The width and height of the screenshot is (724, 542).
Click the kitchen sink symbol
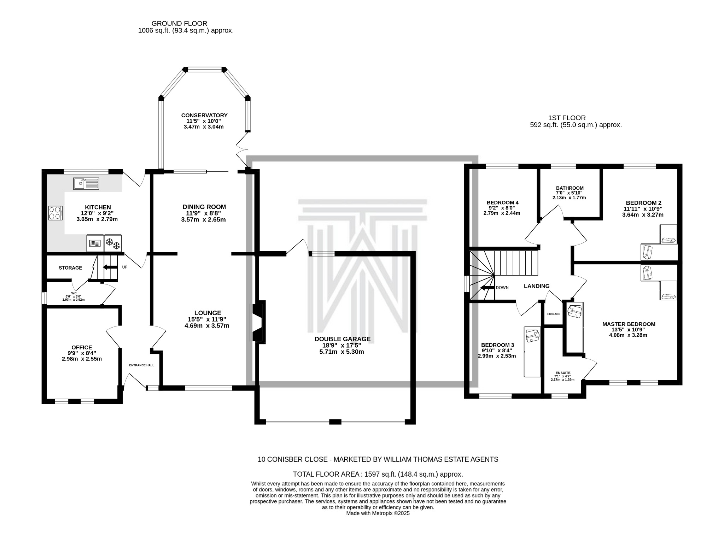coord(86,183)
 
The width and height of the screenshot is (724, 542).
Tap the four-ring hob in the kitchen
coord(56,213)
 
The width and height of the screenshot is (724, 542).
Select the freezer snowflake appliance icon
coord(113,243)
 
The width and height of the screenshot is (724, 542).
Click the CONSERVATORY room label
coord(204,115)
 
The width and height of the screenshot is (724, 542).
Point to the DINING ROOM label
coord(204,207)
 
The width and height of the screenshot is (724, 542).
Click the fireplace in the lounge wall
coord(258,322)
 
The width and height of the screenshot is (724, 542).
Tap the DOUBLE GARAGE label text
coord(342,339)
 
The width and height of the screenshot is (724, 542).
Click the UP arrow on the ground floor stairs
coord(110,267)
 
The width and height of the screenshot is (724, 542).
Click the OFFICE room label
coord(82,347)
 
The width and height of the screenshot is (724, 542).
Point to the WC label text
coord(74,293)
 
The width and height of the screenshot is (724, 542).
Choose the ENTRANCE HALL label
coord(141,365)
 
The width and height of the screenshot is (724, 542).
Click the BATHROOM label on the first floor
coord(570,188)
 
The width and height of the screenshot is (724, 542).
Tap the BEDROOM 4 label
coord(502,202)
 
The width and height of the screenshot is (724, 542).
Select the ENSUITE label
coord(563,373)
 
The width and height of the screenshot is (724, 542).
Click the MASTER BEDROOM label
coord(629,324)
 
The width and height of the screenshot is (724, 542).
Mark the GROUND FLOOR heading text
coord(179,24)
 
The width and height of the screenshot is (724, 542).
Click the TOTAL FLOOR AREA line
coord(378,474)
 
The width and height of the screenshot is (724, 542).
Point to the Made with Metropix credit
coord(378,513)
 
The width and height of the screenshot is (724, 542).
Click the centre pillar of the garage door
coord(335,422)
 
